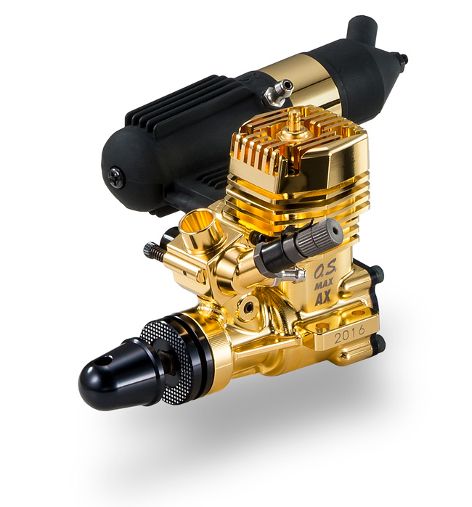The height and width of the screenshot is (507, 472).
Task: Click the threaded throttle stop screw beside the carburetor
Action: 154,251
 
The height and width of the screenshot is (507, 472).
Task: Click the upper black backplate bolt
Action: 376,273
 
